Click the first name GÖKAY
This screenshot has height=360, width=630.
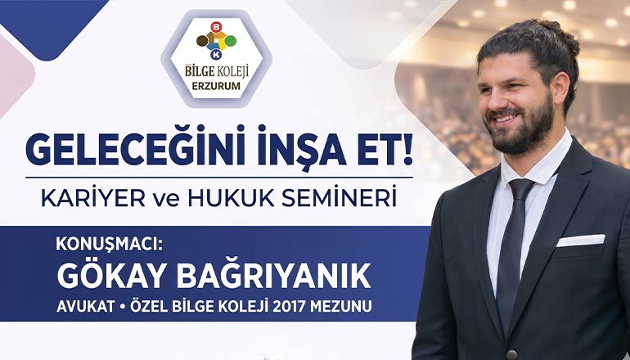110,276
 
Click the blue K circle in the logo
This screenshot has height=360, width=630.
216,55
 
